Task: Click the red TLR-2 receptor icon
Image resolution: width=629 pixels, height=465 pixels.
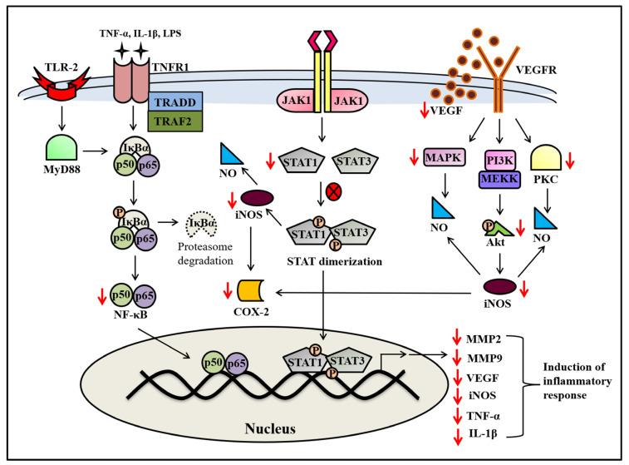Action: point(66,85)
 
